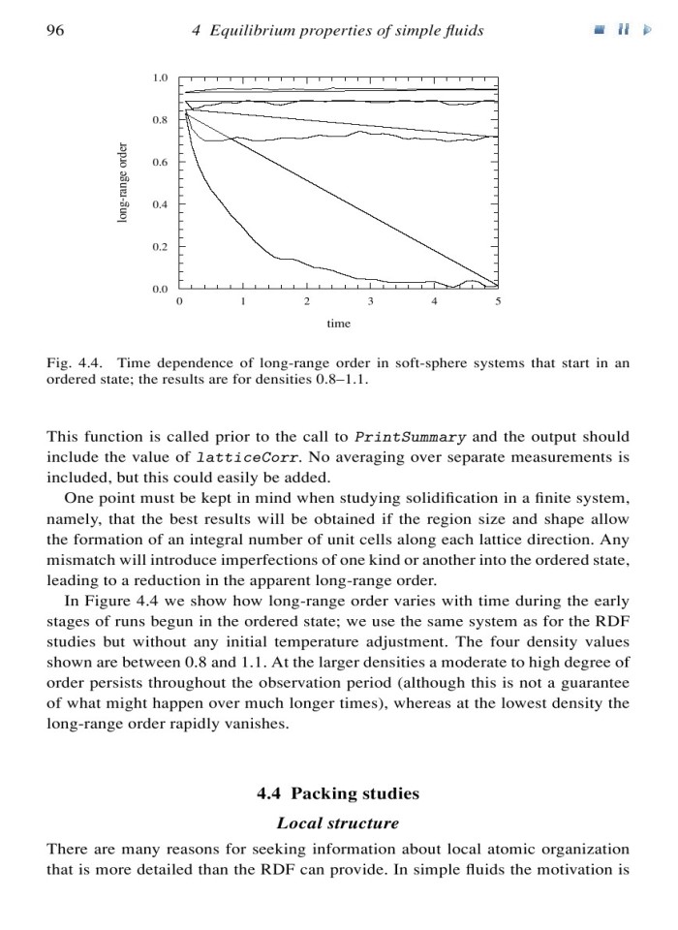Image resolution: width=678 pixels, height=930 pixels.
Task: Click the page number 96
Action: click(55, 31)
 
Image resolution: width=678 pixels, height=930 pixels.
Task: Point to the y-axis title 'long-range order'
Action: click(122, 183)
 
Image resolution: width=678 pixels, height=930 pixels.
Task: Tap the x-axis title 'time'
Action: click(338, 322)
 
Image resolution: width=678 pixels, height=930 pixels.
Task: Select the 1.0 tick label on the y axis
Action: click(161, 77)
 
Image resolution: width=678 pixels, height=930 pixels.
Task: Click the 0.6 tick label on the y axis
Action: click(161, 162)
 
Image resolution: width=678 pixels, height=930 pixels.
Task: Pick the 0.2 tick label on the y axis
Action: click(161, 247)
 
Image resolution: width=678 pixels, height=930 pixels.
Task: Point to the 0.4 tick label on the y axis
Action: click(161, 204)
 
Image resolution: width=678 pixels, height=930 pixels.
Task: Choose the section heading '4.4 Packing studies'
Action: click(338, 793)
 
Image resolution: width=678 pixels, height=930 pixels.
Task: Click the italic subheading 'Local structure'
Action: click(338, 823)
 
